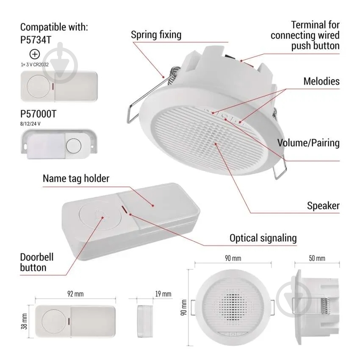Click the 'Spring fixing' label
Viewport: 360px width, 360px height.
tap(156, 35)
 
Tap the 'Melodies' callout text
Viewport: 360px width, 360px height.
tap(321, 81)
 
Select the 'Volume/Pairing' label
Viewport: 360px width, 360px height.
tap(308, 143)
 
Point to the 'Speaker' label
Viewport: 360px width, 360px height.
tap(323, 206)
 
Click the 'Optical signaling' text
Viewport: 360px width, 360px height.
tap(263, 238)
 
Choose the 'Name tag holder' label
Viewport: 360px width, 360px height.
tap(76, 178)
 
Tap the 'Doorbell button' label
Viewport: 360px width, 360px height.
tap(37, 262)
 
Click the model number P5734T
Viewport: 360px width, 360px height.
tap(36, 40)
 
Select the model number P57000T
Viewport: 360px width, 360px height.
tap(38, 114)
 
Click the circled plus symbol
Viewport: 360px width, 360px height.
tap(35, 54)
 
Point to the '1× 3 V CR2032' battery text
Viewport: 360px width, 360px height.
tap(35, 64)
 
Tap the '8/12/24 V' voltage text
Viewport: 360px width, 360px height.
tap(30, 124)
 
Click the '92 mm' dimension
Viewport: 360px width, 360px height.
tap(75, 294)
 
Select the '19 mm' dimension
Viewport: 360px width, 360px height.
tap(163, 294)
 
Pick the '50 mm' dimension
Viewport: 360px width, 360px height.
tap(317, 258)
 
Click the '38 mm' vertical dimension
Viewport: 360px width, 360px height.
tap(24, 321)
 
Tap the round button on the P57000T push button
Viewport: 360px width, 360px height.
tap(74, 146)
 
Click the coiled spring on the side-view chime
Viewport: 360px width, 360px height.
tap(325, 306)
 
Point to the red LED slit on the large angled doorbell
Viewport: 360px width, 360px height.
tap(124, 209)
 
